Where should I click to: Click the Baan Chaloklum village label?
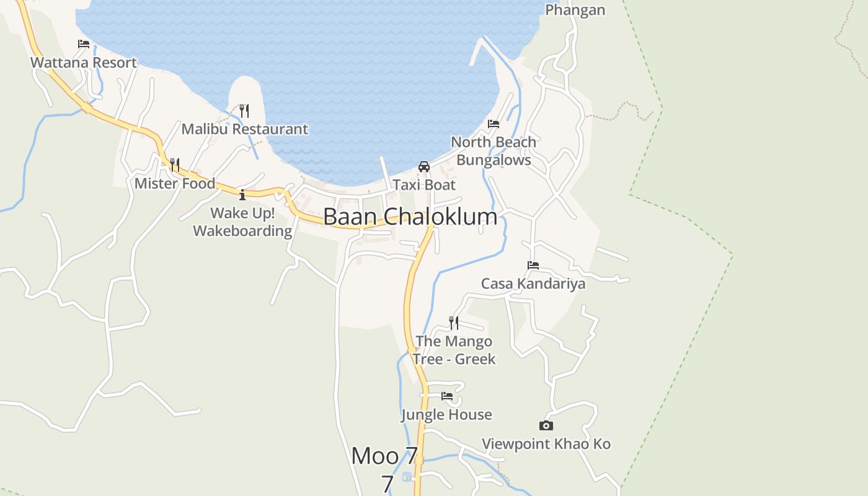pyautogui.click(x=410, y=217)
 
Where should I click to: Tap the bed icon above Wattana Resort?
pyautogui.click(x=84, y=44)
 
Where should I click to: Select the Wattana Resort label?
pyautogui.click(x=84, y=63)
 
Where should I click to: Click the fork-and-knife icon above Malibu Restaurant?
pyautogui.click(x=244, y=111)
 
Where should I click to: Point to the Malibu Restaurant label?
pyautogui.click(x=244, y=129)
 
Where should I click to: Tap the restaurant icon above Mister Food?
pyautogui.click(x=175, y=165)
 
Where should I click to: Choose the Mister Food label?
pyautogui.click(x=175, y=184)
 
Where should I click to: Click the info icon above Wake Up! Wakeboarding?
pyautogui.click(x=242, y=195)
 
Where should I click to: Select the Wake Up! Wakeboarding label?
pyautogui.click(x=242, y=222)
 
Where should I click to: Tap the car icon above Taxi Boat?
pyautogui.click(x=424, y=166)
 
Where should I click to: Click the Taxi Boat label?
pyautogui.click(x=424, y=185)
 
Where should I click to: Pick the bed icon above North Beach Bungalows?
pyautogui.click(x=494, y=124)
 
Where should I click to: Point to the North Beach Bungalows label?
pyautogui.click(x=494, y=151)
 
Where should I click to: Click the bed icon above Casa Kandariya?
pyautogui.click(x=533, y=265)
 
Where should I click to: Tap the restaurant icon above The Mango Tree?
pyautogui.click(x=454, y=322)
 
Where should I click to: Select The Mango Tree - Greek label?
pyautogui.click(x=454, y=350)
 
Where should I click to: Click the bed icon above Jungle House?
pyautogui.click(x=446, y=396)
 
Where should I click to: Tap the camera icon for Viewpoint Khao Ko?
pyautogui.click(x=546, y=425)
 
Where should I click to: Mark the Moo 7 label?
pyautogui.click(x=384, y=456)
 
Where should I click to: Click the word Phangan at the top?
pyautogui.click(x=575, y=10)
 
